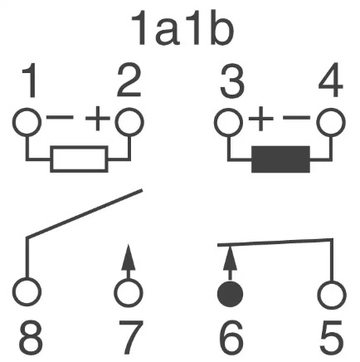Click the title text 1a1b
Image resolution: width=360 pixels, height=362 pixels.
pos(182,29)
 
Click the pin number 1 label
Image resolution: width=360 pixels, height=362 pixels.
pos(30,81)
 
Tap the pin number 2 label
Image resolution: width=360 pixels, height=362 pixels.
pos(129,81)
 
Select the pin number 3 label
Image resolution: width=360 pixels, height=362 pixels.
pos(232,81)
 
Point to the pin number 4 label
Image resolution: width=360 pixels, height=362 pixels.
pos(331,81)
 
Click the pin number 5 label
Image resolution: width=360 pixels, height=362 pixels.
pos(331,337)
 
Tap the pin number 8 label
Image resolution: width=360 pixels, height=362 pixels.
pos(31,337)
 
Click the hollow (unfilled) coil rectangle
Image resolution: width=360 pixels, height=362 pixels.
pos(79,159)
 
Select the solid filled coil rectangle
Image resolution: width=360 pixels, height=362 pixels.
pos(280,159)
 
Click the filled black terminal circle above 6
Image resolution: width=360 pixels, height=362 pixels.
pos(230,294)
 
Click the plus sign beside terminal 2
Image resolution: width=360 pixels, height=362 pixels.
pos(98,119)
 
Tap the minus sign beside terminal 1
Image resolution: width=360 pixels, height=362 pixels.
pos(60,118)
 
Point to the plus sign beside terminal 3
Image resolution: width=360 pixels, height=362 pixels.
pos(260,119)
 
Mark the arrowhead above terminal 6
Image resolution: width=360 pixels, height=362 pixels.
pos(230,258)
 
